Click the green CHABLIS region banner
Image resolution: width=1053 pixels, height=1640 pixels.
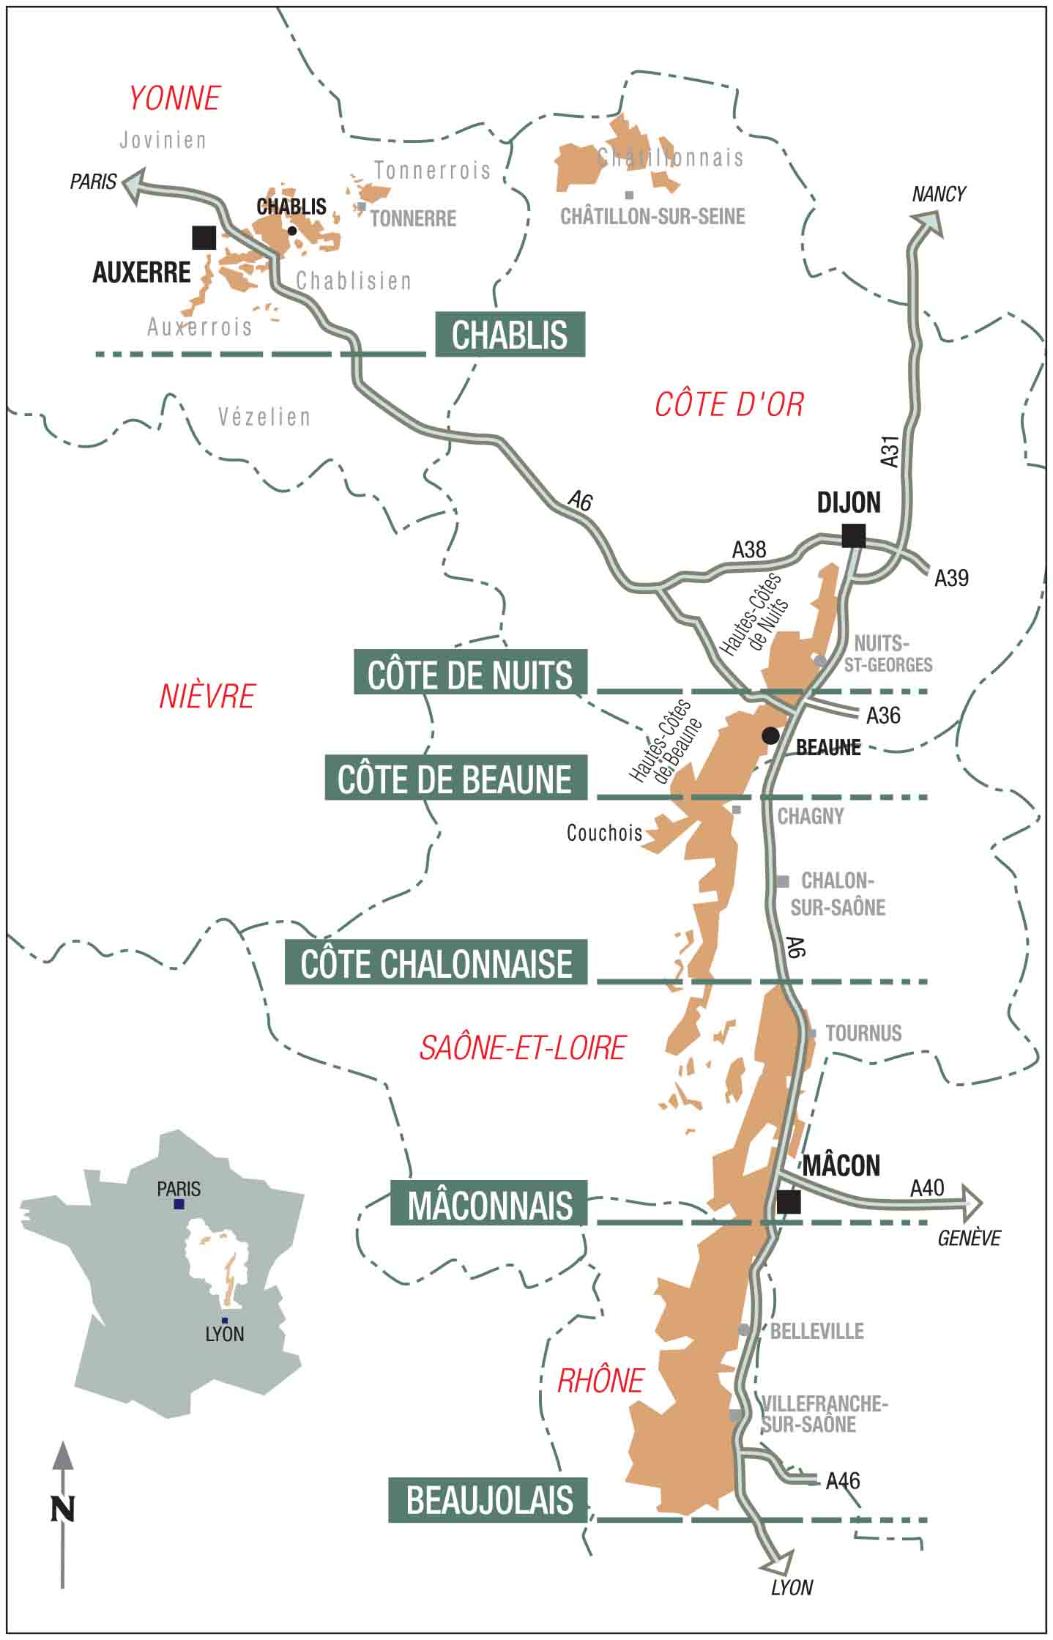pyautogui.click(x=510, y=335)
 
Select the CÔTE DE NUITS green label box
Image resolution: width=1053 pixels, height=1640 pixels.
pyautogui.click(x=470, y=672)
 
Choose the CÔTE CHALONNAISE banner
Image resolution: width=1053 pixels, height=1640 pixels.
pyautogui.click(x=436, y=962)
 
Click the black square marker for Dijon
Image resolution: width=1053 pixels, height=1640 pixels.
pyautogui.click(x=853, y=535)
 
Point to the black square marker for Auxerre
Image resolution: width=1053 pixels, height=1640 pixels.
pyautogui.click(x=204, y=237)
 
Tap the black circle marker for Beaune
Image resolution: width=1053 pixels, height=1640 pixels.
pyautogui.click(x=770, y=735)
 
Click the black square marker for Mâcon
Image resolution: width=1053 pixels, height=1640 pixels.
pyautogui.click(x=788, y=1201)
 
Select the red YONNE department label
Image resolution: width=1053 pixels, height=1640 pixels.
pyautogui.click(x=175, y=98)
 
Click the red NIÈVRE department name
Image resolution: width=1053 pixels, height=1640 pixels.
pyautogui.click(x=207, y=697)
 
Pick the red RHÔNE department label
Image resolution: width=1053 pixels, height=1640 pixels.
pyautogui.click(x=600, y=1381)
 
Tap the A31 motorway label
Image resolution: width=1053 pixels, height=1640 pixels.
pyautogui.click(x=889, y=450)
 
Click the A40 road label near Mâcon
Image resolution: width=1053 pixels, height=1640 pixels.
pyautogui.click(x=927, y=1187)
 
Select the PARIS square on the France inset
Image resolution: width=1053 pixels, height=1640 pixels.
pyautogui.click(x=179, y=1204)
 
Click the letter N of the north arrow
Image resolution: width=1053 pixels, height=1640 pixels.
pyautogui.click(x=63, y=1509)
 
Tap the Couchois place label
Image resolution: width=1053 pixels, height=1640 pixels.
pyautogui.click(x=604, y=833)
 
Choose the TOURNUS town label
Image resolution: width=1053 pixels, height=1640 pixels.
pyautogui.click(x=863, y=1034)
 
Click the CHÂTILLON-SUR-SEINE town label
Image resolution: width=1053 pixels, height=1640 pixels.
pyautogui.click(x=652, y=217)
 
